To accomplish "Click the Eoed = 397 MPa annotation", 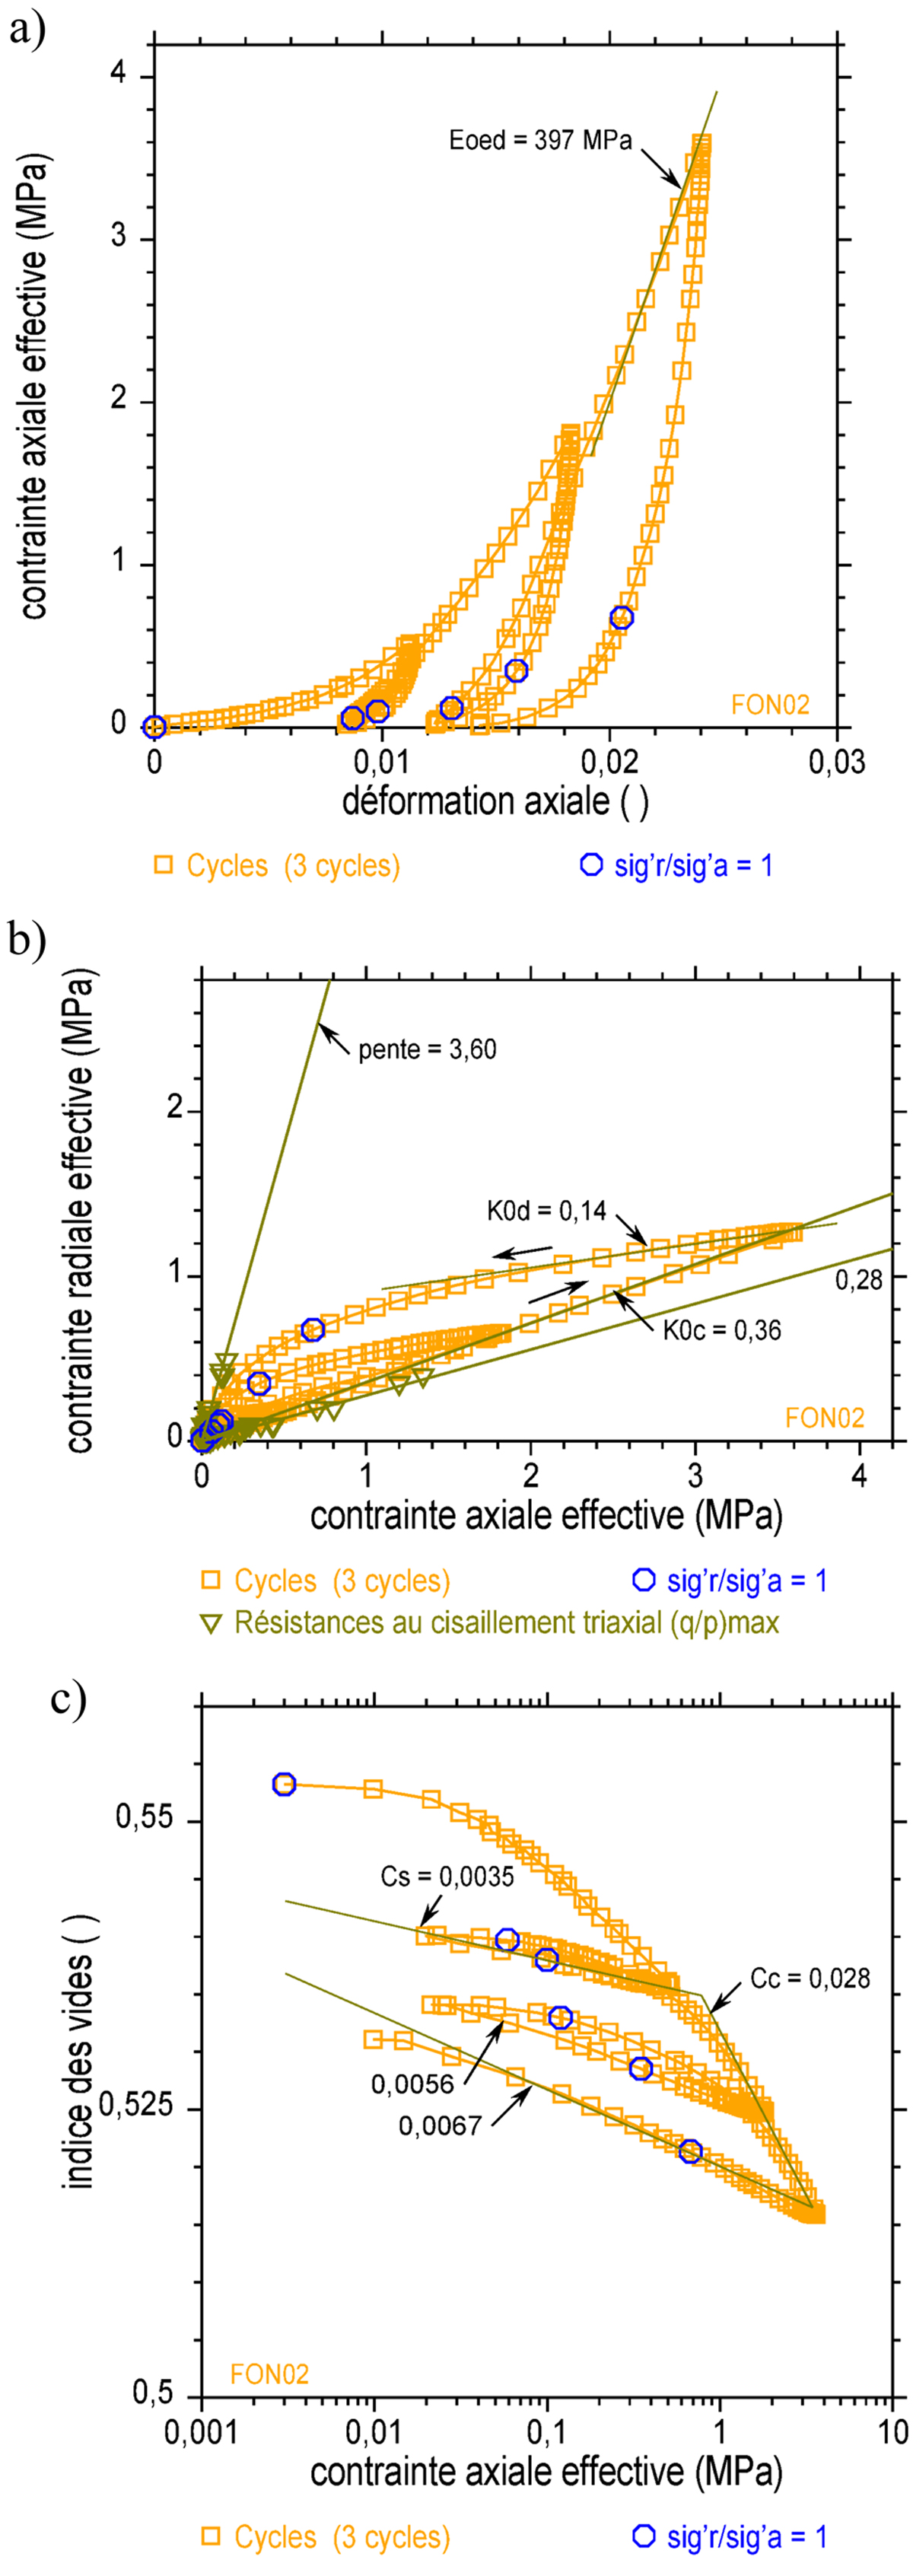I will pos(540,139).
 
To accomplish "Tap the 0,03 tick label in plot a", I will pos(836,763).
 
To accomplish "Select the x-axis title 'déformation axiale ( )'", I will pos(495,801).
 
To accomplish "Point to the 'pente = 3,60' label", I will pos(427,1049).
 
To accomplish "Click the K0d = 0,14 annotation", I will pos(546,1211).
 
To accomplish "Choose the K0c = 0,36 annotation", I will pos(722,1330).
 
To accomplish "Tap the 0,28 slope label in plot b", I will pos(858,1281).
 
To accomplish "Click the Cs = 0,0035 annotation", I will pos(447,1877).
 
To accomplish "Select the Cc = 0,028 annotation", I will pos(810,1978).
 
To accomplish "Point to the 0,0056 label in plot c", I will pos(412,2084).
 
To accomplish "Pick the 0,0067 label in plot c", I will pos(441,2126).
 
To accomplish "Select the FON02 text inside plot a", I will pos(770,705).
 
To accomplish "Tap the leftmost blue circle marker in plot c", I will pos(285,1784).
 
